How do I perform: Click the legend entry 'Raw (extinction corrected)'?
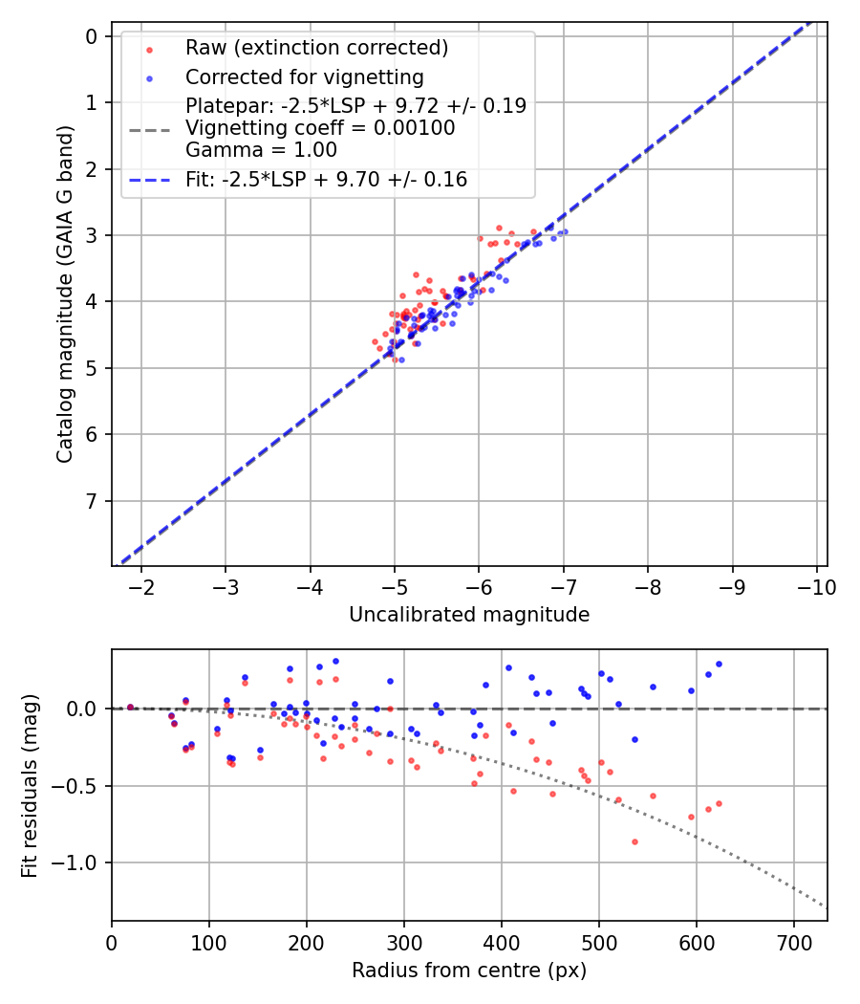316,48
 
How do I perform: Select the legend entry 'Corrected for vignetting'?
304,76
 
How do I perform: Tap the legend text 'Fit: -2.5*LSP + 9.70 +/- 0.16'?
326,179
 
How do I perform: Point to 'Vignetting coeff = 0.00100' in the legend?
320,128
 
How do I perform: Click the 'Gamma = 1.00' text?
261,150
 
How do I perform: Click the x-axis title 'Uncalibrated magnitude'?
469,615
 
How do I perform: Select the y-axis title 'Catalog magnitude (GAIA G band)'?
65,298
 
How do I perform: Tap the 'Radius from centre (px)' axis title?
469,971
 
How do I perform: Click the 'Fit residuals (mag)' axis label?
31,786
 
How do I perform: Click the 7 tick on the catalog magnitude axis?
92,501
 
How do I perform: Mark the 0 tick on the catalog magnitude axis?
92,36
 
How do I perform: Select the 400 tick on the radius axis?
502,942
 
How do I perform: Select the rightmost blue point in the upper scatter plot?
565,231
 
